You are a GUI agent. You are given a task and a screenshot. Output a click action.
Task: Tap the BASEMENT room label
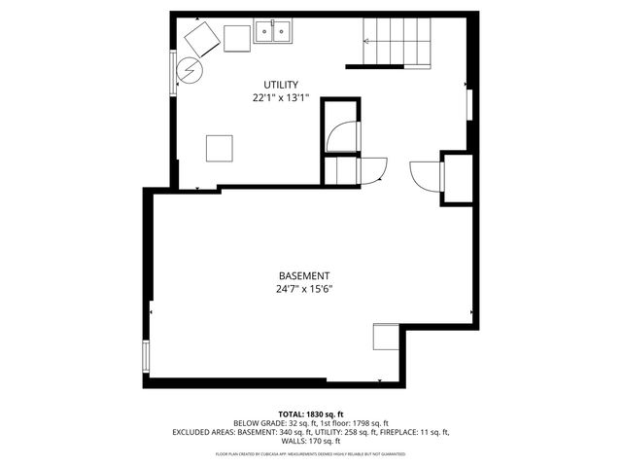(304, 275)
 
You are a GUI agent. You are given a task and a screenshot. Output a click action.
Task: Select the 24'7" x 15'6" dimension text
(304, 289)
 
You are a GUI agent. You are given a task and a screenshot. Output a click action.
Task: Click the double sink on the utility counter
(274, 34)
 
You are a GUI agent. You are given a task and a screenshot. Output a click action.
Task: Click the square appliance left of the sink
(237, 38)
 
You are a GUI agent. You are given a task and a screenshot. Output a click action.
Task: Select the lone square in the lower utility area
(219, 148)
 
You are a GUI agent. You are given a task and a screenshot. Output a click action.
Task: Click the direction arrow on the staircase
(367, 41)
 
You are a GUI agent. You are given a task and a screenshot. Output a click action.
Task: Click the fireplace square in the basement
(386, 337)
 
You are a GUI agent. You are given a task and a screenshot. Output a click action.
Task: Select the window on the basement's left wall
(147, 356)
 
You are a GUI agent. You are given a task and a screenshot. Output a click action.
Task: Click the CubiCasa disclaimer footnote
(310, 453)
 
